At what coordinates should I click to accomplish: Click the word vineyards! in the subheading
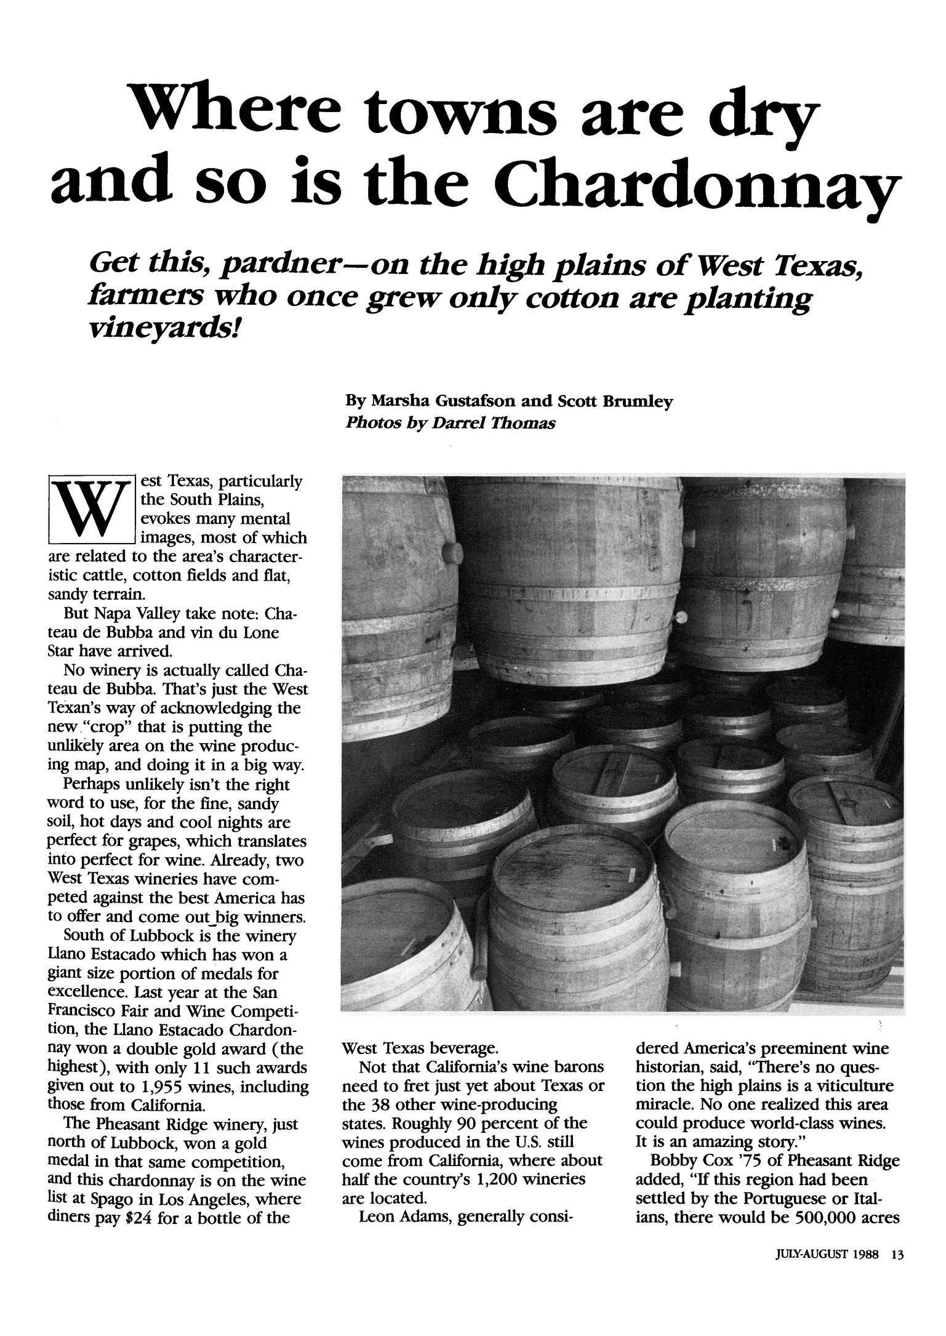pyautogui.click(x=164, y=332)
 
